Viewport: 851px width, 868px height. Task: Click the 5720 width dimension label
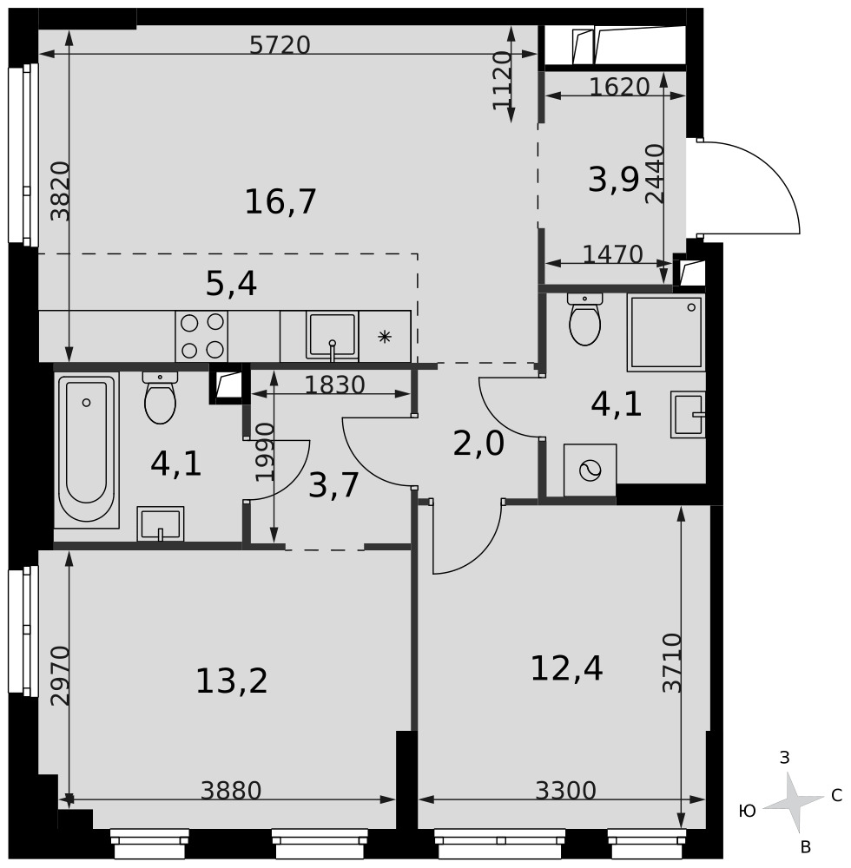coord(280,45)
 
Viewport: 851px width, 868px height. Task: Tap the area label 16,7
coord(280,201)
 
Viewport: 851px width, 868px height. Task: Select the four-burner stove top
coord(201,336)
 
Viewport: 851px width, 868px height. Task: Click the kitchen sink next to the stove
coord(332,336)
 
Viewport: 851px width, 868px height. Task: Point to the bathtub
coord(86,450)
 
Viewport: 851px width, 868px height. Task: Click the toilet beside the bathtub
coord(160,398)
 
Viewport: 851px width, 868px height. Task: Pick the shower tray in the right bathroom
coord(666,332)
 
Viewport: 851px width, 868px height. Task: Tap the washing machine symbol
coord(590,470)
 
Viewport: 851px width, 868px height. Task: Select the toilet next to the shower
coord(584,319)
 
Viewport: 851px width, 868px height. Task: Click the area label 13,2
coord(232,681)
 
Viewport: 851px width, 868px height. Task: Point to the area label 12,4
coord(566,668)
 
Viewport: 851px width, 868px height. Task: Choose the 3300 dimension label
coord(566,791)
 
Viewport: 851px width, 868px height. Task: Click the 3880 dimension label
coord(231,791)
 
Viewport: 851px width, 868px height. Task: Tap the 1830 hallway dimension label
coord(335,385)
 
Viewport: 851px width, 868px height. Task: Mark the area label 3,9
coord(613,180)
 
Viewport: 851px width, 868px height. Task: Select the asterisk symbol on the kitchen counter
coord(384,337)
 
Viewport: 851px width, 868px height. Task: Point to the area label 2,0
coord(478,444)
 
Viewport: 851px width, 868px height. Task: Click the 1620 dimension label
coord(619,87)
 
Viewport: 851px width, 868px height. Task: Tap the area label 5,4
coord(232,285)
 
